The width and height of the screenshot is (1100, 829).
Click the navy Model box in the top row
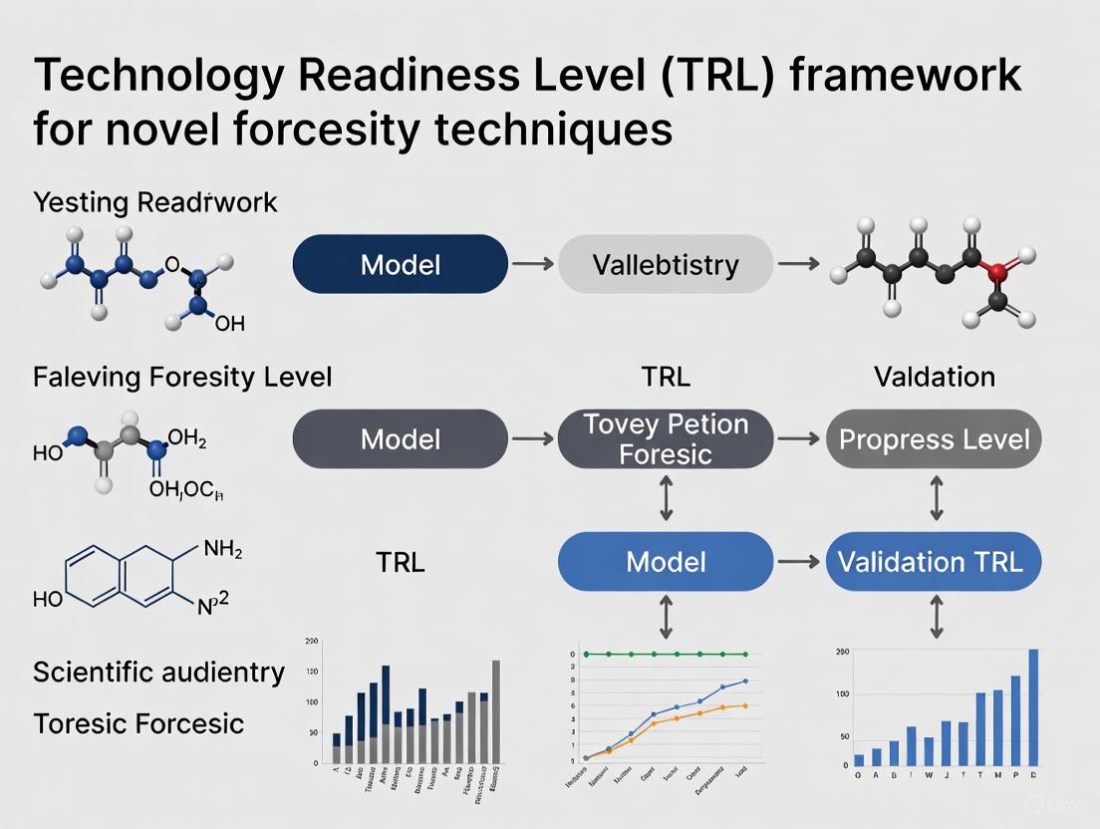click(400, 264)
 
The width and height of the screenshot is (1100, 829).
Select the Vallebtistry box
click(665, 264)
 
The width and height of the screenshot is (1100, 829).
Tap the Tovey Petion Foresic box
click(665, 438)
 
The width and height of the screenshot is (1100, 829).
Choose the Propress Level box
click(934, 438)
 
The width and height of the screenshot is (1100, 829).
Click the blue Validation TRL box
click(934, 561)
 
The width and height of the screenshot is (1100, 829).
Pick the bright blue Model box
click(665, 561)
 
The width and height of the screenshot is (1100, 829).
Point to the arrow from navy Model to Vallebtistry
click(532, 264)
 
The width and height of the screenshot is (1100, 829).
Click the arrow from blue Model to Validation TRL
click(799, 562)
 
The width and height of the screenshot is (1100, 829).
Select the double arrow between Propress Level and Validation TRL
click(936, 499)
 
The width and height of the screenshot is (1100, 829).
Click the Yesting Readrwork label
click(154, 202)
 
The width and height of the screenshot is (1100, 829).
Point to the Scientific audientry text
click(158, 672)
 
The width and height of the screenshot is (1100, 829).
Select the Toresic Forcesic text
click(138, 722)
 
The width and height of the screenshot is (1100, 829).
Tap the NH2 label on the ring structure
click(222, 549)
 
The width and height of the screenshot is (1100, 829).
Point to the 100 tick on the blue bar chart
click(843, 693)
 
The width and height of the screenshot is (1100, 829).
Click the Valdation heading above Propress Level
click(934, 377)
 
